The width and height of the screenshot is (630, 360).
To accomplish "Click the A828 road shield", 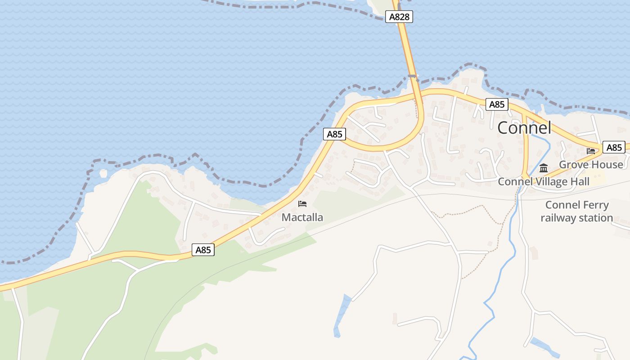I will coord(399,17).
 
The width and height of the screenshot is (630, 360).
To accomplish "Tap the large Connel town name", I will coord(524,128).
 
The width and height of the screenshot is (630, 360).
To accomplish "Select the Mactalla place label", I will coord(302,217).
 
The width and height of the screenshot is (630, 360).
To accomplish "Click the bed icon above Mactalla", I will coord(302,204).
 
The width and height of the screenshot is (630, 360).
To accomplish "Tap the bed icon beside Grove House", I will coord(591,151).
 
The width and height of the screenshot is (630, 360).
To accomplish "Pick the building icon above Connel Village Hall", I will coord(544,168).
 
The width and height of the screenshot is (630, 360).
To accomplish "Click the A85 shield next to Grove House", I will coord(614,148).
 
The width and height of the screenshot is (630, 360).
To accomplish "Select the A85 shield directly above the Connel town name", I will coord(497,105).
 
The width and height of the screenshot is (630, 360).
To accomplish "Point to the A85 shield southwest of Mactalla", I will coord(203,250).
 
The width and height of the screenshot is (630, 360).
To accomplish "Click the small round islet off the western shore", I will coord(103,173).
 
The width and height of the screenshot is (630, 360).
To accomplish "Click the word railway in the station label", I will coord(557,218).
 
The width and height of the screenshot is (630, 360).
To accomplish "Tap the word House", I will coord(607,165).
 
